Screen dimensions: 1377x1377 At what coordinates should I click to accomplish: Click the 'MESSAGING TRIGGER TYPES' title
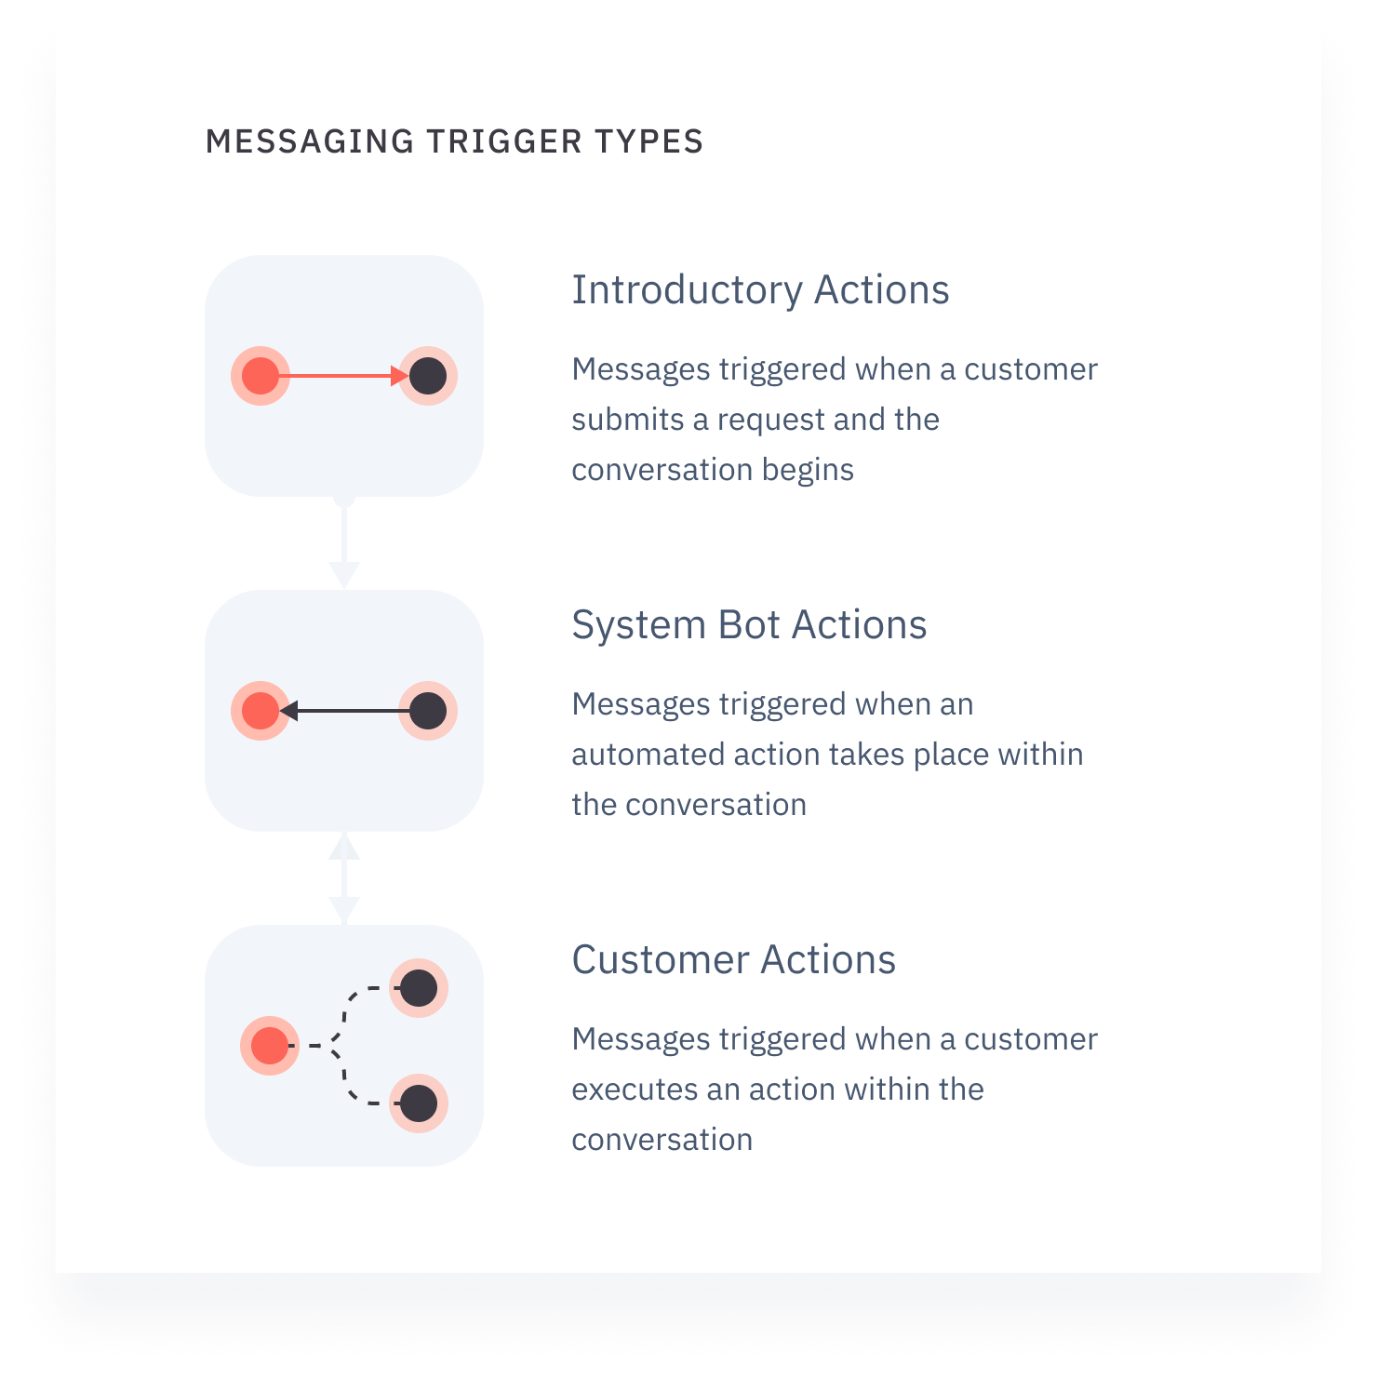click(454, 141)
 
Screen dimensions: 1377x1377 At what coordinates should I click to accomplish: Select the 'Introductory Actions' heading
click(760, 290)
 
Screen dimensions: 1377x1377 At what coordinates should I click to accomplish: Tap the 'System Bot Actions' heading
click(749, 625)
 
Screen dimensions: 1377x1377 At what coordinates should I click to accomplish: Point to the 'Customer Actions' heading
click(733, 960)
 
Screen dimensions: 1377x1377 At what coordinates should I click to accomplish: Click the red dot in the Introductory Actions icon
click(261, 376)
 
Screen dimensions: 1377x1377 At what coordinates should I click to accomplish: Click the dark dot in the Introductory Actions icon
click(428, 376)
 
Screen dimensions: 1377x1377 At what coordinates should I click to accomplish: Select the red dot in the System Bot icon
click(261, 711)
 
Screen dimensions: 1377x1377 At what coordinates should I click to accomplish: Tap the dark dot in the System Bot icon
click(428, 711)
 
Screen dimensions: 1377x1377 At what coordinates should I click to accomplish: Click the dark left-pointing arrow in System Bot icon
click(345, 711)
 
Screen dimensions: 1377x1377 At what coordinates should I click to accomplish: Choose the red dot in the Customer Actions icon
click(270, 1046)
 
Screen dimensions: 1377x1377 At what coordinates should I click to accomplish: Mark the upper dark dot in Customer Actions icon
click(419, 988)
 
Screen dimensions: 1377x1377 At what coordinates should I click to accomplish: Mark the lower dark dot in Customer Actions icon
click(419, 1103)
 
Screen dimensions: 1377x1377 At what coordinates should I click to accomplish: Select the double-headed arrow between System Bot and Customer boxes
click(344, 878)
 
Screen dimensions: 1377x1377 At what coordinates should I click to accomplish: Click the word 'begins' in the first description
click(808, 470)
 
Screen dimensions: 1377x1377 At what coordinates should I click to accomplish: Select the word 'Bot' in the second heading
click(749, 625)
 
